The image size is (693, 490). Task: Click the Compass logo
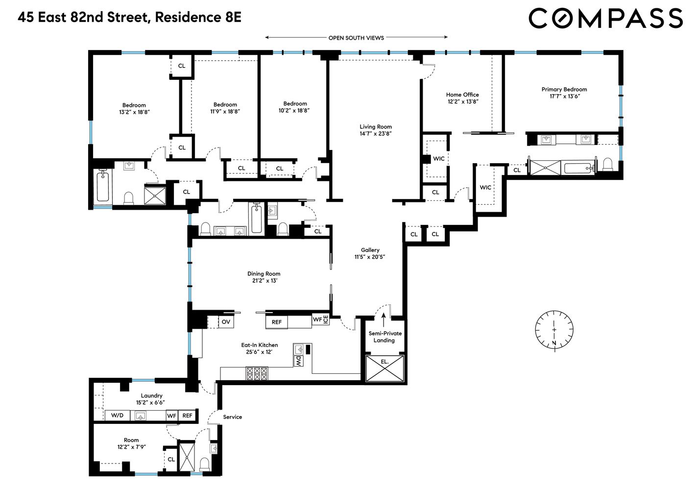(605, 19)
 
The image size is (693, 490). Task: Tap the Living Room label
(376, 127)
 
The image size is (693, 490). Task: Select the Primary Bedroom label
(564, 90)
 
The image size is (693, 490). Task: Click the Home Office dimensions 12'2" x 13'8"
(462, 102)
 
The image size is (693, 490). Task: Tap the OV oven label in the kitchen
(226, 322)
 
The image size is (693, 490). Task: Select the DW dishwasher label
(298, 361)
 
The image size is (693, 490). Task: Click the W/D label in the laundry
(118, 416)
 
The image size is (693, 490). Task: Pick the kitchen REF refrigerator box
(277, 322)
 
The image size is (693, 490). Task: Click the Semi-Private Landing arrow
(383, 319)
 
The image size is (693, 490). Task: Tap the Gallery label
(370, 250)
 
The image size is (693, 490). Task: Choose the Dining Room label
(263, 274)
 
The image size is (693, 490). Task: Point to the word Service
(232, 417)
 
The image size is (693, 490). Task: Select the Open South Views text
(356, 38)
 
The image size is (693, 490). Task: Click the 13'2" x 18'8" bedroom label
(134, 112)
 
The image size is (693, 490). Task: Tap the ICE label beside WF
(326, 319)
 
